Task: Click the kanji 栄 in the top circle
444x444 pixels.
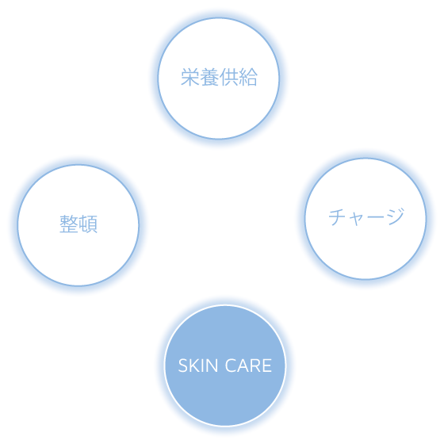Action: pyautogui.click(x=190, y=77)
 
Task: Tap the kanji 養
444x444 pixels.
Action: pyautogui.click(x=209, y=77)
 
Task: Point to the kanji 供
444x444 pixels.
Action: pyautogui.click(x=229, y=77)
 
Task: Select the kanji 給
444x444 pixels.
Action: pyautogui.click(x=248, y=77)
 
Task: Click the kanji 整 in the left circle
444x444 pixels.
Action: pyautogui.click(x=69, y=224)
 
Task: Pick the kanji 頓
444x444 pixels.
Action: pyautogui.click(x=88, y=224)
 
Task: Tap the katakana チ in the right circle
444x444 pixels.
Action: pyautogui.click(x=338, y=217)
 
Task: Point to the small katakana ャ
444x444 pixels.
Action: pyautogui.click(x=357, y=220)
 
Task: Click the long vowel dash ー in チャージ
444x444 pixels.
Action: pyautogui.click(x=376, y=218)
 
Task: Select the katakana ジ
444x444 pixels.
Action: pyautogui.click(x=396, y=216)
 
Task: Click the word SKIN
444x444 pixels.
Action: pyautogui.click(x=198, y=366)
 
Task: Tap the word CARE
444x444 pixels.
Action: pyautogui.click(x=248, y=366)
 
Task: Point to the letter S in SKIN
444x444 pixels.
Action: pyautogui.click(x=182, y=366)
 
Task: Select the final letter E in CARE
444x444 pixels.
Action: pyautogui.click(x=267, y=366)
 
